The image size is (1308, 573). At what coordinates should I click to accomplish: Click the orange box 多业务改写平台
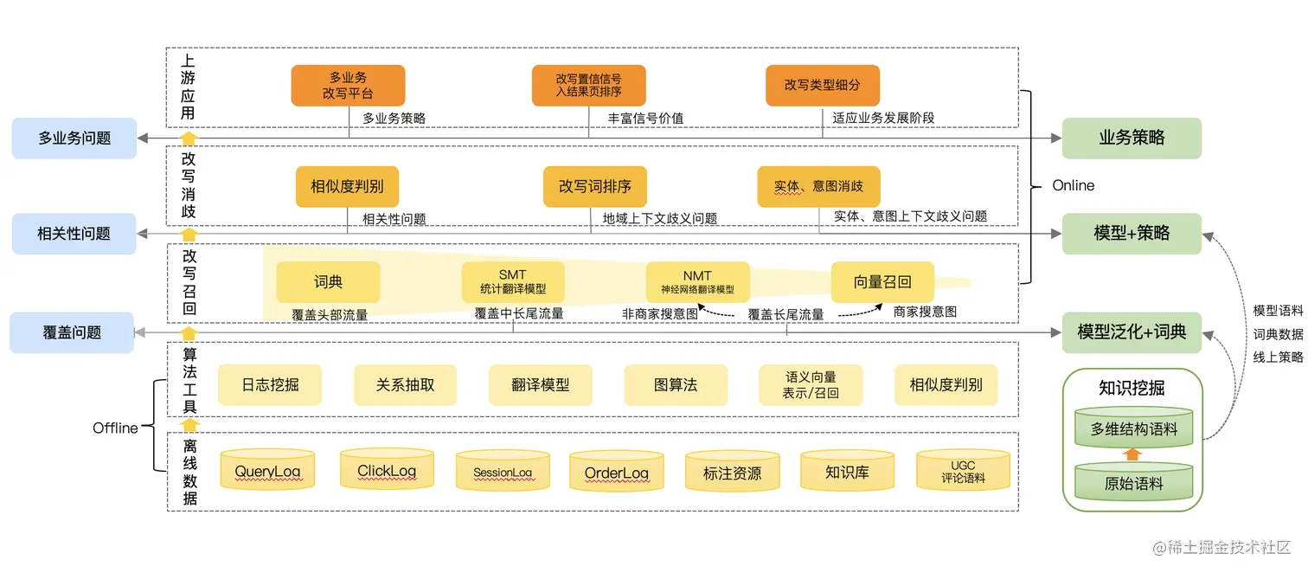(348, 86)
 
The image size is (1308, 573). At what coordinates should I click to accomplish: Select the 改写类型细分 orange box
(822, 86)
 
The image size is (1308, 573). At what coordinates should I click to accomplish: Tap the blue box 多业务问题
(74, 138)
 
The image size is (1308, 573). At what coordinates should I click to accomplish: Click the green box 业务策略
(1132, 138)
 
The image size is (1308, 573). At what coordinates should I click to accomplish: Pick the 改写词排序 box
(594, 186)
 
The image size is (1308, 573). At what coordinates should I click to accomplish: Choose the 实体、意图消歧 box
(818, 186)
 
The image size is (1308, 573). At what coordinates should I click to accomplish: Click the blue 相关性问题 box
(74, 234)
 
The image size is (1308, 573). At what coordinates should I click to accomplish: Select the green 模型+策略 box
(1132, 233)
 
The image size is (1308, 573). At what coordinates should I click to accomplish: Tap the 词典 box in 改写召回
(328, 282)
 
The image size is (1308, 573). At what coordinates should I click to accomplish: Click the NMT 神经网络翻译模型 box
(697, 282)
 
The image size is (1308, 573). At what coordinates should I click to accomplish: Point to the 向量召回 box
(882, 282)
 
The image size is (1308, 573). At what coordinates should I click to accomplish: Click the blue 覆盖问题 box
(72, 332)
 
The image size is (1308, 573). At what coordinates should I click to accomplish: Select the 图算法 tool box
(676, 385)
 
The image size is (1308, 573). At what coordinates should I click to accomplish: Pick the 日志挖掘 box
(270, 385)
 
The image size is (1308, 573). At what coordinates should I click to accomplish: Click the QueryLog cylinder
(266, 472)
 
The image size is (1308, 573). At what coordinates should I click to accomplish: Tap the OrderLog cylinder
(616, 473)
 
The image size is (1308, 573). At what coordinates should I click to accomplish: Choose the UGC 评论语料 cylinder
(963, 472)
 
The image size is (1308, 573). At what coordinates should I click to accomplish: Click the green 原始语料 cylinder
(1133, 484)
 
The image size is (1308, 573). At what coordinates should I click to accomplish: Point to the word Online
(1073, 186)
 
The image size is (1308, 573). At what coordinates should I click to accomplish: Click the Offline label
(115, 428)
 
